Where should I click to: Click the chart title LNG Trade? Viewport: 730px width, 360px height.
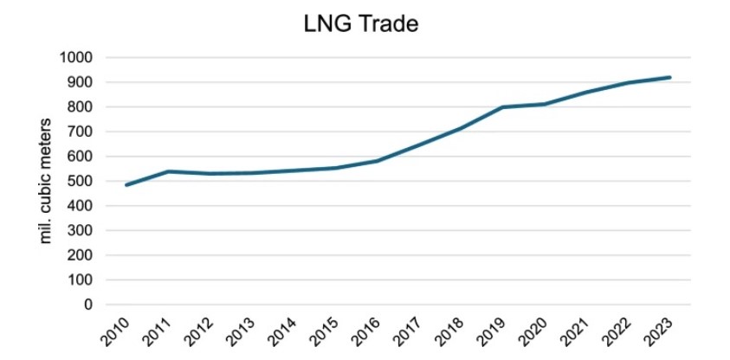coord(362,24)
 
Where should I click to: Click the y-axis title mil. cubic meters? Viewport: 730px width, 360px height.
coord(48,182)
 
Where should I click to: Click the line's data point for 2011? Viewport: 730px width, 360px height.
coord(167,171)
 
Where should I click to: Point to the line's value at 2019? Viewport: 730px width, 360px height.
coord(503,107)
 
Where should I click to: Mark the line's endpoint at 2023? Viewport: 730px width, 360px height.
coord(670,77)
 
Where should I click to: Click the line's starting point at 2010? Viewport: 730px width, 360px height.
coord(126,185)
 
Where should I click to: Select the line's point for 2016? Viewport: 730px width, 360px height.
coord(377,161)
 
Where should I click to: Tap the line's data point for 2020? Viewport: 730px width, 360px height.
coord(545,105)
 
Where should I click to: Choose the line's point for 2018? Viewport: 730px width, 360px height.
coord(461,128)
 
